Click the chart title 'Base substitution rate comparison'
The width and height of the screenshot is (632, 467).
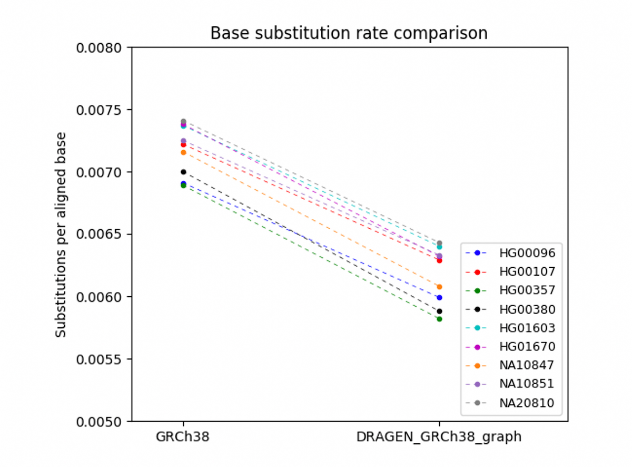(349, 33)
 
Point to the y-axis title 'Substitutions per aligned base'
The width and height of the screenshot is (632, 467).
(62, 234)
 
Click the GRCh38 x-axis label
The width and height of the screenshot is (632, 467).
(183, 437)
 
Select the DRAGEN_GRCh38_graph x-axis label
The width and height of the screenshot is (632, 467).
(439, 437)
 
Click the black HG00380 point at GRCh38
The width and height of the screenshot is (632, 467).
(183, 172)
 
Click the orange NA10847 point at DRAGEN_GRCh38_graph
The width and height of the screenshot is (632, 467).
(439, 287)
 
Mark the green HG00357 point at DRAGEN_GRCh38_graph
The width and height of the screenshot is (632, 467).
(439, 319)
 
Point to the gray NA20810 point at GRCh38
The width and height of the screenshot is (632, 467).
(183, 121)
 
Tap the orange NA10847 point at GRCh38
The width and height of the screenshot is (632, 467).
(183, 152)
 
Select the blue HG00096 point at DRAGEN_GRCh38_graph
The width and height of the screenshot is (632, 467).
(439, 297)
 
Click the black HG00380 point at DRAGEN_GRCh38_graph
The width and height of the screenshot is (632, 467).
(439, 311)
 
